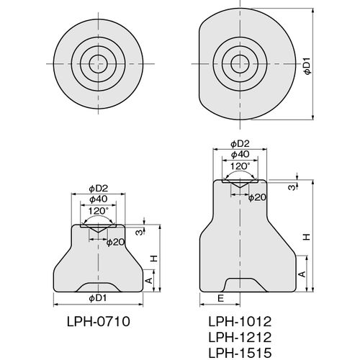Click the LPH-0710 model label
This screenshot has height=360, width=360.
(x=99, y=321)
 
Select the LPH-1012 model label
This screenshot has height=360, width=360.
(x=240, y=321)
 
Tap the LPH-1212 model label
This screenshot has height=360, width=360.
(x=240, y=337)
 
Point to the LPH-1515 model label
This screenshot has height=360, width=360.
(x=240, y=353)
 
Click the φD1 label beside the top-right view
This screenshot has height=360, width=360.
(x=307, y=66)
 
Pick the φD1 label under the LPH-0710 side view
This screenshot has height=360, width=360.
(x=98, y=298)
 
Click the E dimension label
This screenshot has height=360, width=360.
(x=220, y=298)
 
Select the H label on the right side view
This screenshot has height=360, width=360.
(x=307, y=237)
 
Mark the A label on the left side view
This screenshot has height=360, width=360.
(x=149, y=280)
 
